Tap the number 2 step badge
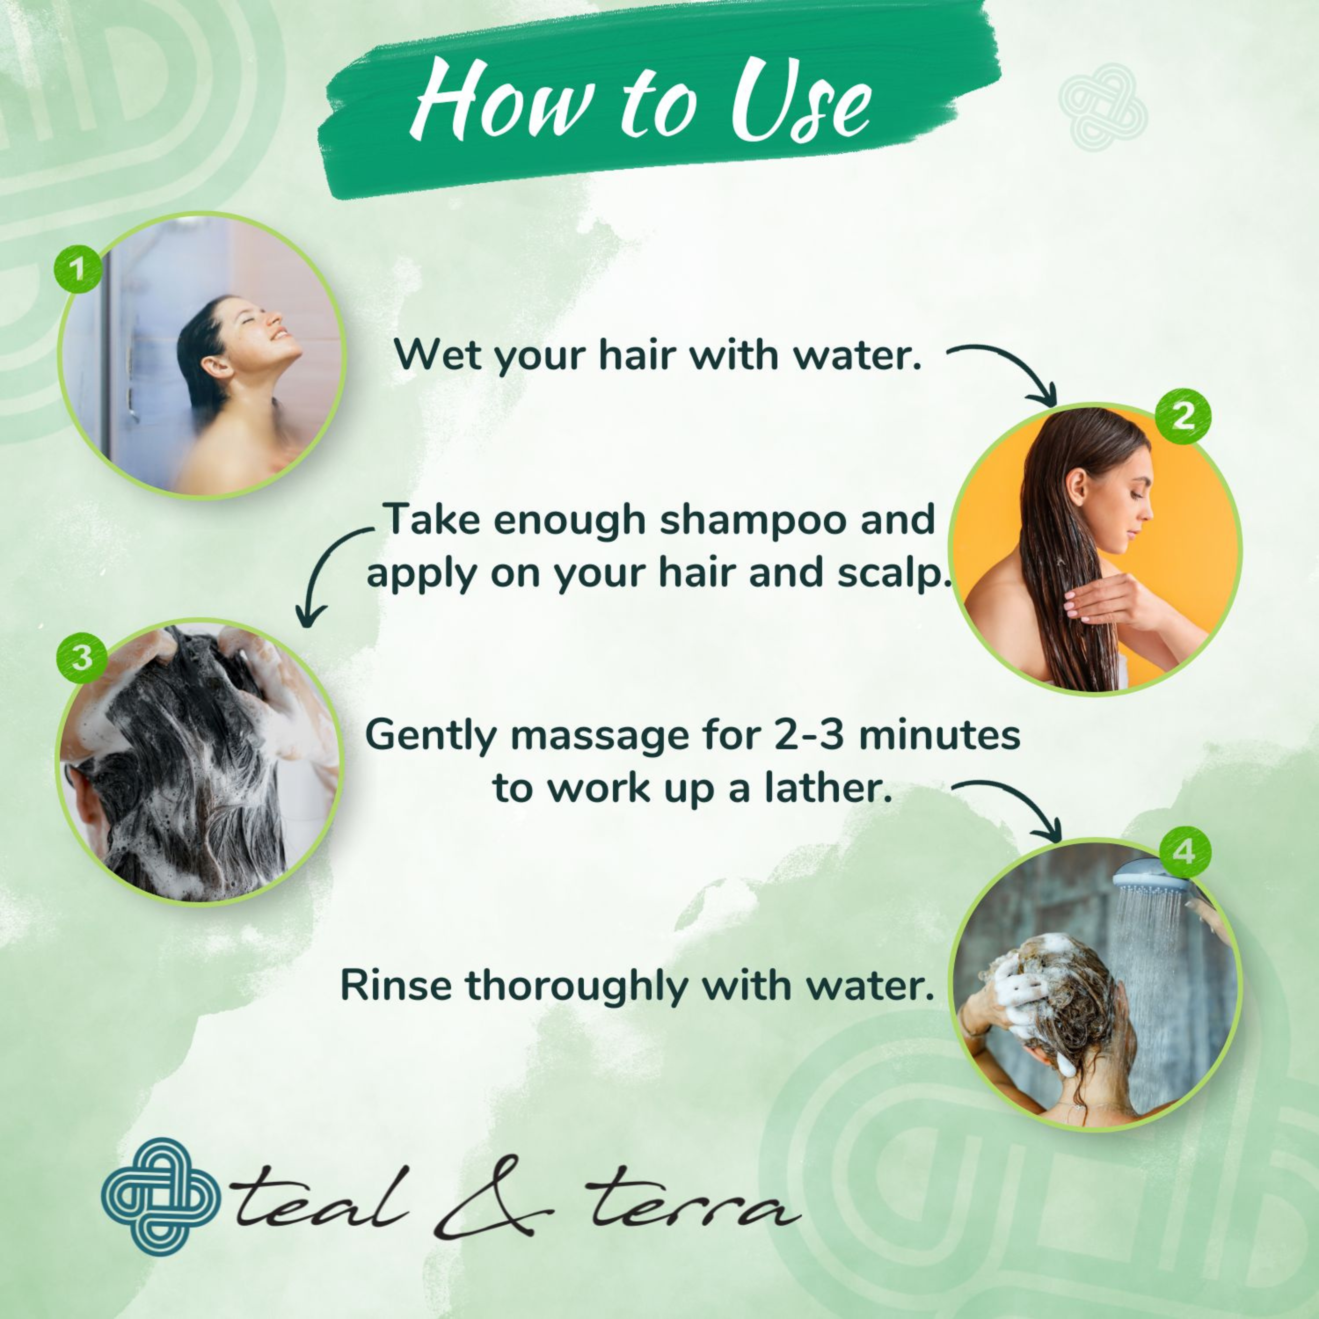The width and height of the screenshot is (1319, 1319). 1183,416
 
